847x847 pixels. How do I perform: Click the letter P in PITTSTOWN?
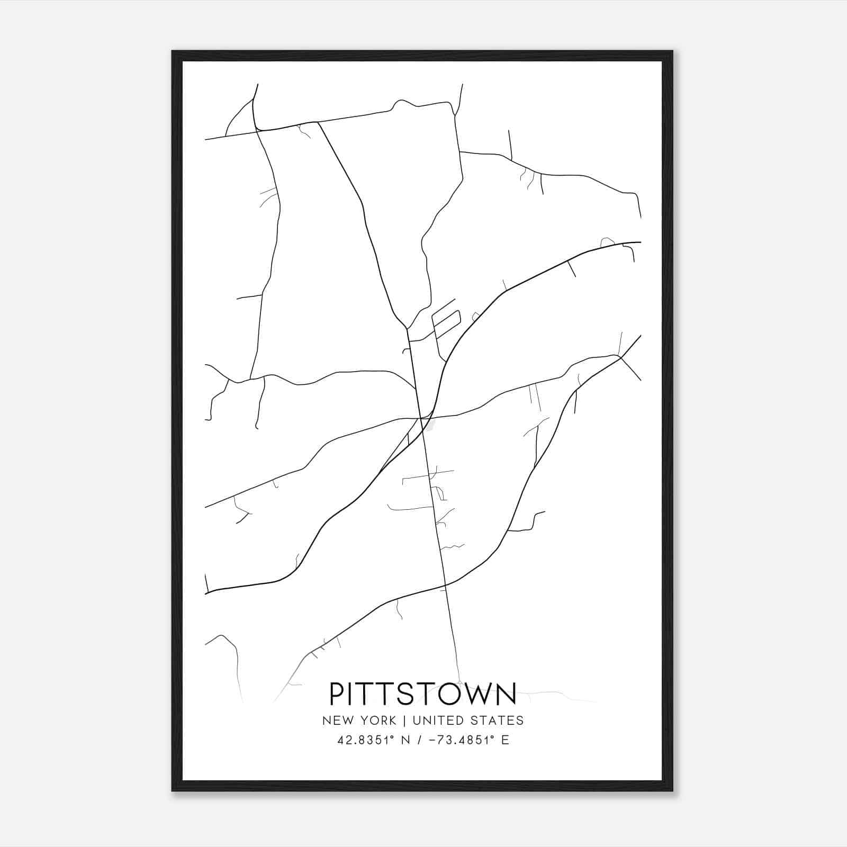[x=338, y=694]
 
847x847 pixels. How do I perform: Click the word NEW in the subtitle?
[x=337, y=720]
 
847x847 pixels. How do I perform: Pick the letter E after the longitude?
[x=506, y=740]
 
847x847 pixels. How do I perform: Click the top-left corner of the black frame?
[x=173, y=52]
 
